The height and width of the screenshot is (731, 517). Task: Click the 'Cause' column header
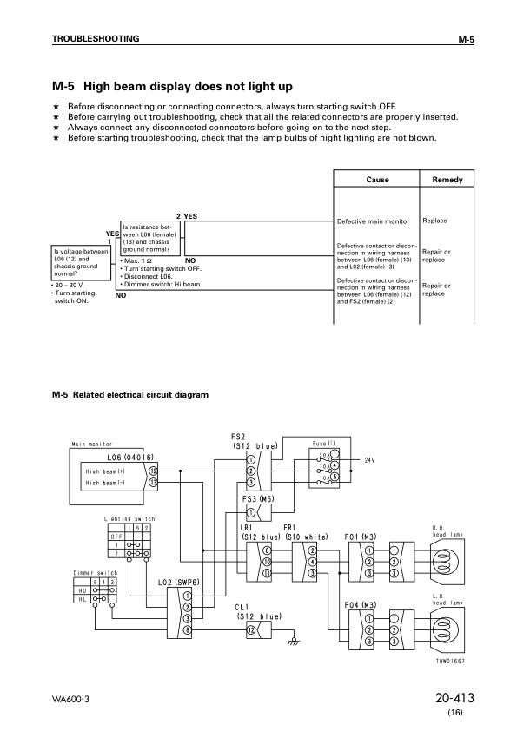click(x=377, y=180)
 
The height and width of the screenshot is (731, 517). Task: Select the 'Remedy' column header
click(x=447, y=180)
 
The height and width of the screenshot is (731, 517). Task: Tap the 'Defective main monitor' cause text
click(x=372, y=221)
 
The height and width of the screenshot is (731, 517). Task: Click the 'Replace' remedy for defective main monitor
click(x=434, y=221)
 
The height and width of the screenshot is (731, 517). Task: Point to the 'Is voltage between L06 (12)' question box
click(x=81, y=261)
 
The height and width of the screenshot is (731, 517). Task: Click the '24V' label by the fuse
click(x=369, y=459)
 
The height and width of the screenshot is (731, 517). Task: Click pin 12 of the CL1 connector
click(x=251, y=628)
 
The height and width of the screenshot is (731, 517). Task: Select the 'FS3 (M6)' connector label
click(x=258, y=499)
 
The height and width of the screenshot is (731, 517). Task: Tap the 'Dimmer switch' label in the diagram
click(x=95, y=573)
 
